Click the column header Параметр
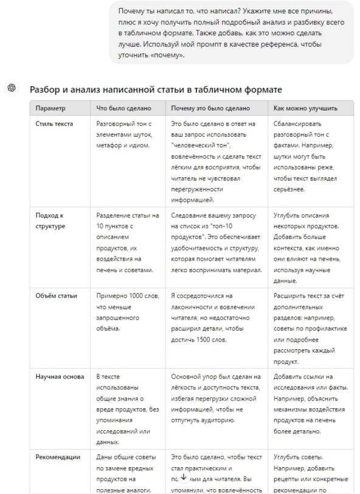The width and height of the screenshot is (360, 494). tap(50, 108)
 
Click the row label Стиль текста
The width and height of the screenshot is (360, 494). tap(55, 124)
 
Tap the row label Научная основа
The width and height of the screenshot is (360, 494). tap(58, 377)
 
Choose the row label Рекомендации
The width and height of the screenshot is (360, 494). tap(58, 457)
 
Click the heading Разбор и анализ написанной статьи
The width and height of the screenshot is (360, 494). tap(156, 89)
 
